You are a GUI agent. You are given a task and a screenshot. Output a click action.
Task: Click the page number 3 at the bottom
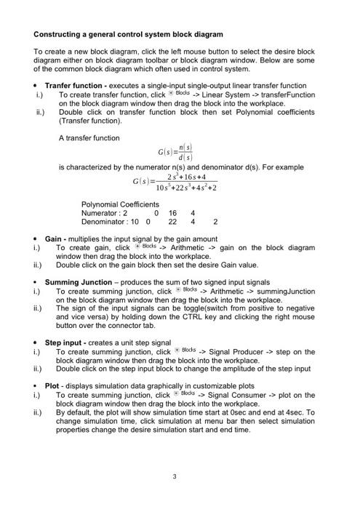click(x=175, y=477)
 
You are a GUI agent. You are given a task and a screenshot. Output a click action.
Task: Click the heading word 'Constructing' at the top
click(x=60, y=34)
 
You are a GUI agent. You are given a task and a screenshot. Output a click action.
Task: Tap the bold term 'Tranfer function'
click(x=75, y=85)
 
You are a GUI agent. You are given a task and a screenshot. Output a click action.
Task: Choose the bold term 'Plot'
click(x=52, y=386)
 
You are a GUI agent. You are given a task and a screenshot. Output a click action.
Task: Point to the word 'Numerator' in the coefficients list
click(x=100, y=213)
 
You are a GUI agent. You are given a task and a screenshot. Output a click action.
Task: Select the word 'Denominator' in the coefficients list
click(x=104, y=222)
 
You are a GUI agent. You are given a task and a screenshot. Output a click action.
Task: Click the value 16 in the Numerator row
click(x=172, y=213)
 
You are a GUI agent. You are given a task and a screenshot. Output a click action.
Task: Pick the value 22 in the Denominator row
click(x=172, y=222)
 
